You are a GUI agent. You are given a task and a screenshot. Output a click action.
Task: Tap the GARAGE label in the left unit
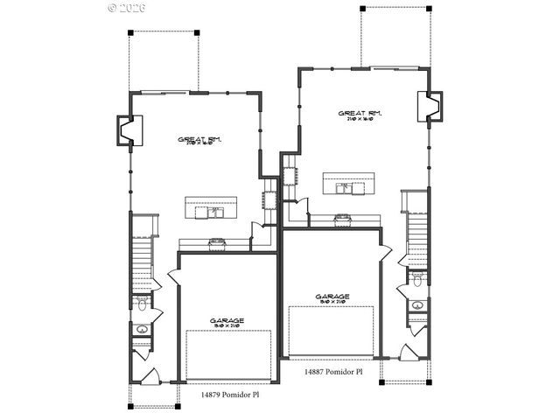pos(227,320)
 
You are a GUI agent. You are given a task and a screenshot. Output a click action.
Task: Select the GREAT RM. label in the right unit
pos(360,114)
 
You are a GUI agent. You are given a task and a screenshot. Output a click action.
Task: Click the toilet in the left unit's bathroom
pos(141,304)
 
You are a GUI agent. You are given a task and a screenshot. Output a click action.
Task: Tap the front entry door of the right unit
pos(409,355)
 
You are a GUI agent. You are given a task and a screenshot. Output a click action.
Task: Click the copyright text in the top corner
pos(127,7)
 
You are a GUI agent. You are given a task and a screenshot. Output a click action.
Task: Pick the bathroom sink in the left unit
pos(141,330)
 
